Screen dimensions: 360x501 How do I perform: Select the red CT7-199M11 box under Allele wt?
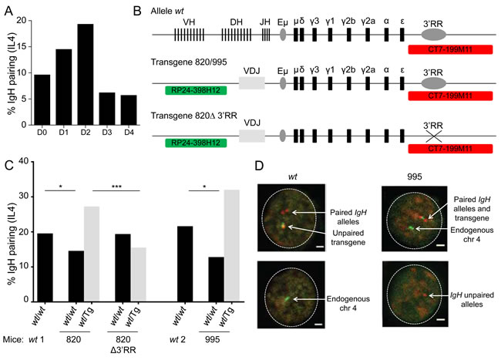(x=442, y=49)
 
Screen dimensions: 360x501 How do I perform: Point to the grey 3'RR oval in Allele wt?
(x=437, y=37)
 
